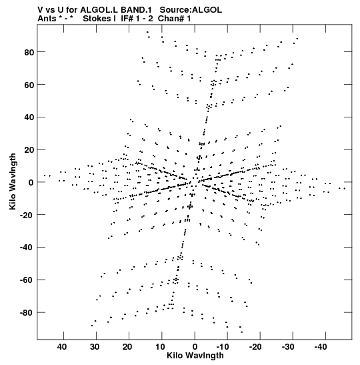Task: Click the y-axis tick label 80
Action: point(29,52)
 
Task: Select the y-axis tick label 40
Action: point(29,117)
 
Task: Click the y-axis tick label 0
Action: point(31,183)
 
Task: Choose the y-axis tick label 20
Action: point(29,150)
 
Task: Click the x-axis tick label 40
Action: point(62,347)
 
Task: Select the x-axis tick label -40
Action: point(321,347)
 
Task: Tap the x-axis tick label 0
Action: point(195,347)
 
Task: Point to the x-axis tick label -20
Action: point(255,347)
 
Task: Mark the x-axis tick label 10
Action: point(160,347)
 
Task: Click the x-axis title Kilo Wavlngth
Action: point(195,356)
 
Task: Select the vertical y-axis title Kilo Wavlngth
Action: point(13,181)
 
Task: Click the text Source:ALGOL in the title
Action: point(191,10)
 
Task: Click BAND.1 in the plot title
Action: point(136,10)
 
